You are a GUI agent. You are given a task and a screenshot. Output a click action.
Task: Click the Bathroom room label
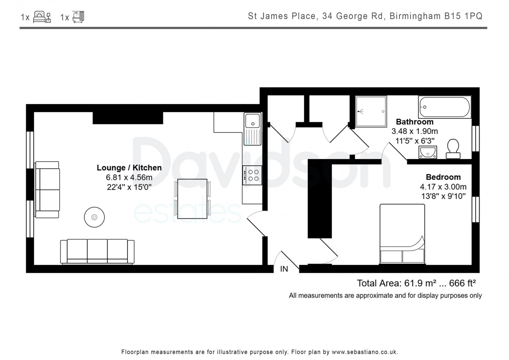coord(415,122)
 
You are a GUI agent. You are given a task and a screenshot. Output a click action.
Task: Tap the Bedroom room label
coord(443,177)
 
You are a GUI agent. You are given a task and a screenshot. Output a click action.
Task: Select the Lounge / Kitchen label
coord(129,168)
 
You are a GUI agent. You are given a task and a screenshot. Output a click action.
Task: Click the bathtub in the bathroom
coord(445,107)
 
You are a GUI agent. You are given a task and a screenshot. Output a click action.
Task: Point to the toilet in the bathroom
coord(453,149)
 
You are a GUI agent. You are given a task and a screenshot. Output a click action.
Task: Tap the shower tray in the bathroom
coord(371,111)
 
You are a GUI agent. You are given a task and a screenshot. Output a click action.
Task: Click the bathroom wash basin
coord(428,152)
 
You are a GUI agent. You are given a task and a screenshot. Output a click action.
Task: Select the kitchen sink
coord(253,129)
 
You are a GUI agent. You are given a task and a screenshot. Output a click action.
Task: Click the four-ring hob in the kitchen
coord(252,175)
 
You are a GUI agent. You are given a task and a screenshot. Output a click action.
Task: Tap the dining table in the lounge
coord(192,199)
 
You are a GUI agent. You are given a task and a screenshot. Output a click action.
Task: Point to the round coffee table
coord(94,217)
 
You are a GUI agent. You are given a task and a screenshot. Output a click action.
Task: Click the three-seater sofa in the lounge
coord(97,252)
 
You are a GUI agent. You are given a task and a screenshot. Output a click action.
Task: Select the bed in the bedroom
coord(402,234)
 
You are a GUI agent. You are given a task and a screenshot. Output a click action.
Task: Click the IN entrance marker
coord(284,269)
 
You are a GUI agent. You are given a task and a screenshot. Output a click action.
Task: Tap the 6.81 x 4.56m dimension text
coord(129,177)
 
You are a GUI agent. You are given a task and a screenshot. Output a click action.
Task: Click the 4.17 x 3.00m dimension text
coord(443,187)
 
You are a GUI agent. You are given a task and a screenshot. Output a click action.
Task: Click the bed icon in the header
coord(42,17)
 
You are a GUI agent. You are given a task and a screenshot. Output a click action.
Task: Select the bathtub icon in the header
coord(78,17)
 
